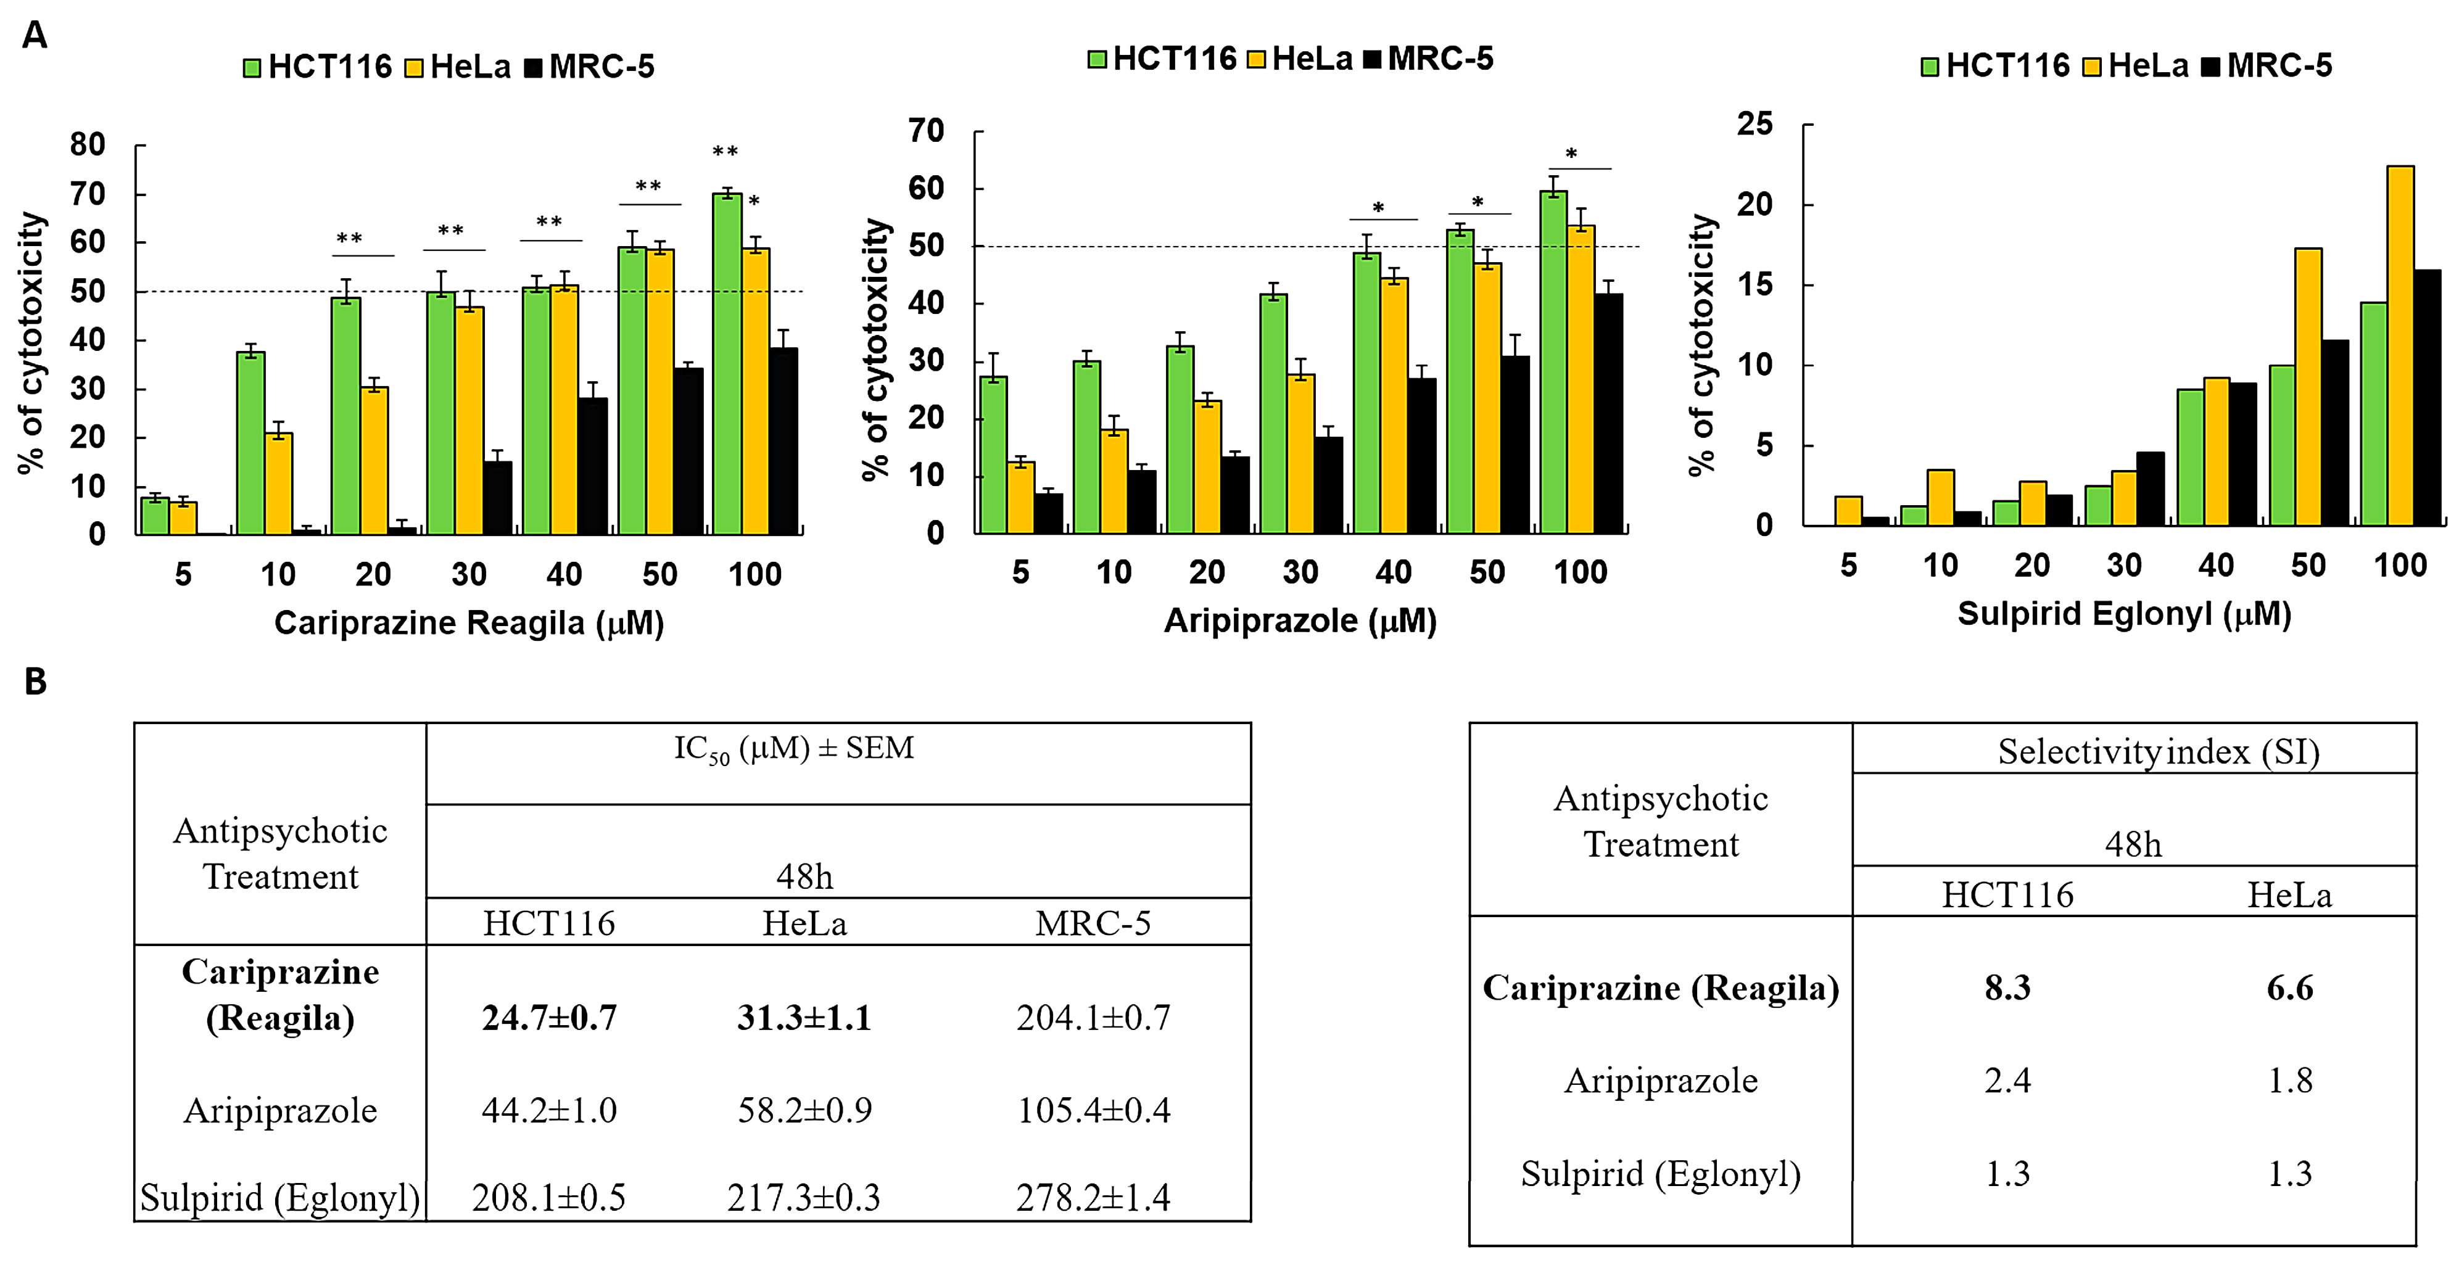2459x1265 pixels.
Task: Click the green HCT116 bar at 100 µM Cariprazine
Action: (727, 363)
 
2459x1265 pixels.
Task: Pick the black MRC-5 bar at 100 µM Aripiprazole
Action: (1608, 413)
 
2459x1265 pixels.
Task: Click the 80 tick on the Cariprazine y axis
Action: (87, 145)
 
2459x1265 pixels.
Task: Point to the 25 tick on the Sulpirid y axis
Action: (1754, 124)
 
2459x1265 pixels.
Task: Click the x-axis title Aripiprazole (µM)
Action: (1300, 622)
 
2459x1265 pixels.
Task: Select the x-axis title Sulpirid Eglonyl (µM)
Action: (2124, 614)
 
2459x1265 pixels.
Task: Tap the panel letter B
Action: (35, 682)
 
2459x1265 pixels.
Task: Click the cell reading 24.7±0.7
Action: (549, 1018)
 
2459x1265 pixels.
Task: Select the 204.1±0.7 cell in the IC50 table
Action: (1093, 1018)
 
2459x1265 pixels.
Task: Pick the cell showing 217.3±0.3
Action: (804, 1197)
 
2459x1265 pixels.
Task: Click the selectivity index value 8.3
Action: (2007, 988)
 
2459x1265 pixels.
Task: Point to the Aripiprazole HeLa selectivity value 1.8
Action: (2289, 1081)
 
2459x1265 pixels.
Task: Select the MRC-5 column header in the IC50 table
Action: (1093, 923)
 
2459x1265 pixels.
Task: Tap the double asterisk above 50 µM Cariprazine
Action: (648, 186)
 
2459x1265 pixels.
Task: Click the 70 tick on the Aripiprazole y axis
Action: (926, 131)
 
